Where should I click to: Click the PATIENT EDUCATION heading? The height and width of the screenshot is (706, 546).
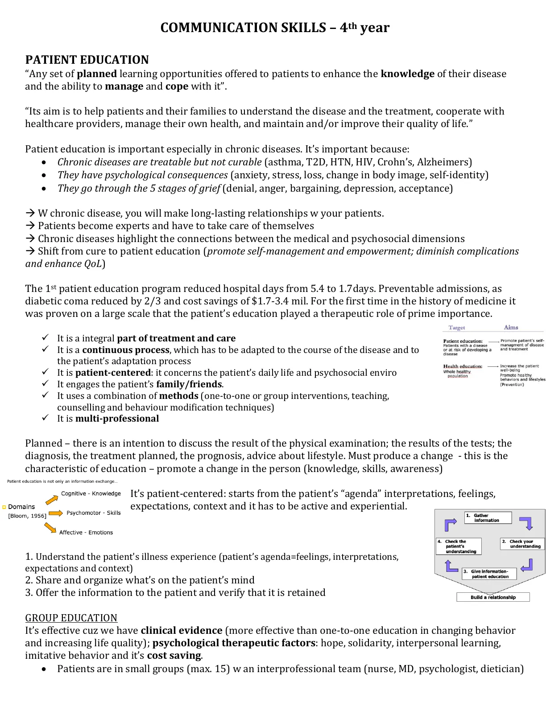pyautogui.click(x=87, y=60)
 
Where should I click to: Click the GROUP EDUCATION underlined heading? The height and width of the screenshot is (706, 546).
pyautogui.click(x=71, y=618)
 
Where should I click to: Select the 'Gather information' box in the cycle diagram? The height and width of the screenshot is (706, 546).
pyautogui.click(x=488, y=518)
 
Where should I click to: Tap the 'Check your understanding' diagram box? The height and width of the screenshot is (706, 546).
pyautogui.click(x=522, y=544)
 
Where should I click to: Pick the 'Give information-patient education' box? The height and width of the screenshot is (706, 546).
pyautogui.click(x=489, y=574)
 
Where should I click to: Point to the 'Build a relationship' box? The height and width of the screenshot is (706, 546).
pyautogui.click(x=493, y=597)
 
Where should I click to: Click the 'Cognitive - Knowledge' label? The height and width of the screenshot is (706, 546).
pyautogui.click(x=91, y=493)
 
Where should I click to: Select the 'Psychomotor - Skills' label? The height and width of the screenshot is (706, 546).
pyautogui.click(x=94, y=513)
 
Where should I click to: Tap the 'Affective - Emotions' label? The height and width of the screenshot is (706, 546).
pyautogui.click(x=86, y=533)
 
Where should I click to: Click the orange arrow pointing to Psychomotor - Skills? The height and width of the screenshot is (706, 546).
pyautogui.click(x=56, y=513)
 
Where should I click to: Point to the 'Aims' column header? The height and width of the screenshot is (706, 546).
pyautogui.click(x=511, y=328)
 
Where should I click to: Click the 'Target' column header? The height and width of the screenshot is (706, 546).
pyautogui.click(x=457, y=328)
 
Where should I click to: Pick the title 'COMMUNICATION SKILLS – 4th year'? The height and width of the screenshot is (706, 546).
pyautogui.click(x=275, y=28)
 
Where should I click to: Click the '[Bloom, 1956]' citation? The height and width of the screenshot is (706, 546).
pyautogui.click(x=27, y=516)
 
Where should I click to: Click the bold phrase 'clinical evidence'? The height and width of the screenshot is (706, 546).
pyautogui.click(x=182, y=631)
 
